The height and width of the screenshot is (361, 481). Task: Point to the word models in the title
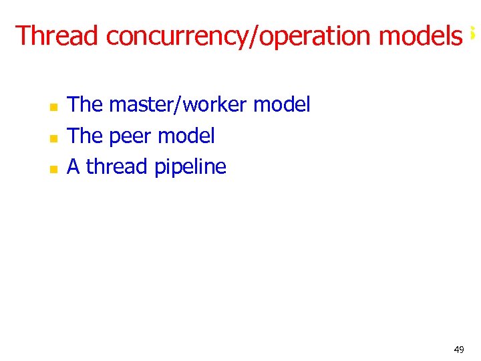click(420, 35)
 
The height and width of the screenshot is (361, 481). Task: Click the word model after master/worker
click(282, 105)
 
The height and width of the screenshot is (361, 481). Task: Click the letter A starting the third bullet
click(73, 167)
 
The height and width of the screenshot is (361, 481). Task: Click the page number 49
click(458, 350)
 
